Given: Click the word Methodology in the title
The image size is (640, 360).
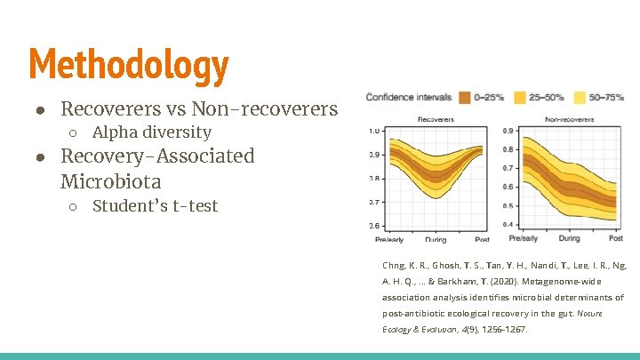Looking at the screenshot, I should coord(129,65).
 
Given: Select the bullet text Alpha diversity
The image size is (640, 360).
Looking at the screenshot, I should coord(152,132).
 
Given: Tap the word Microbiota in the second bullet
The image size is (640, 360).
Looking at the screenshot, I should coord(111,181).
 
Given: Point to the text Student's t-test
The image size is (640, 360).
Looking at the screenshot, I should coord(155,206).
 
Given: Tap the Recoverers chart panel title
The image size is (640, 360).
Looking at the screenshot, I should coord(435,118).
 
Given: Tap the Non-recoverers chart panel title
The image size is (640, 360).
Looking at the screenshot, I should coord(569,118).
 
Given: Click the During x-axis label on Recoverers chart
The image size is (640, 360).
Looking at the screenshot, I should coord(436,239).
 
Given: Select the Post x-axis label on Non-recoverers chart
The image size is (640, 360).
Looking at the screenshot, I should coord(615,238).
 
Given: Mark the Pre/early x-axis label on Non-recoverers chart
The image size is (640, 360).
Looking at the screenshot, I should coord(523,238).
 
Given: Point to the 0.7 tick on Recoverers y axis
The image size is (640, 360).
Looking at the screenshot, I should coord(375,202).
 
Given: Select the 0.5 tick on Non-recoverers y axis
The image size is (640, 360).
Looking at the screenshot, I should coord(507,206).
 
